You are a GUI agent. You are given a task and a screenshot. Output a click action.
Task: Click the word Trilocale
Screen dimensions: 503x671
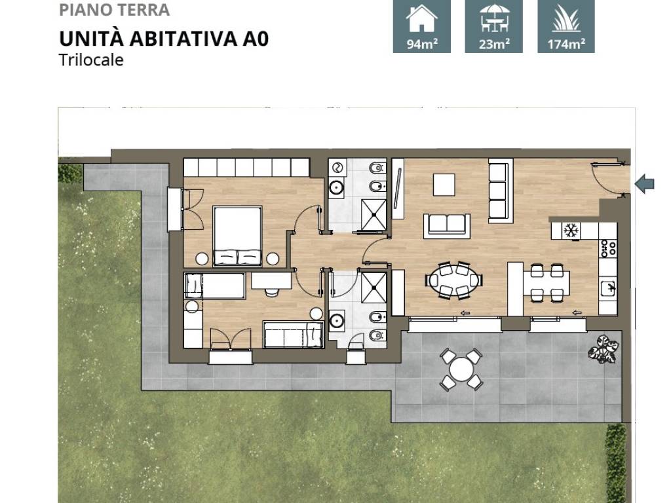(91, 60)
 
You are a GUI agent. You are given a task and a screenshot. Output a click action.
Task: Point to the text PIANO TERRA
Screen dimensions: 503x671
(114, 10)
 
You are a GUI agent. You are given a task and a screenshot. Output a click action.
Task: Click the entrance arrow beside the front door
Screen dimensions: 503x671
(645, 183)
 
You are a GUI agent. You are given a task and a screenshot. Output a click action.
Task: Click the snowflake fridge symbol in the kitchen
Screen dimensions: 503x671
(569, 231)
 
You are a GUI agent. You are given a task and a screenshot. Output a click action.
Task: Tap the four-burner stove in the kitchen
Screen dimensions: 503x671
(608, 248)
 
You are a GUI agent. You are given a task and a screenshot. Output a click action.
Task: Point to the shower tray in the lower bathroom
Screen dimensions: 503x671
(372, 286)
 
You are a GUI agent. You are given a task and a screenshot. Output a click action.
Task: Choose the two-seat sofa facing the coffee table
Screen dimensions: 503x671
(448, 225)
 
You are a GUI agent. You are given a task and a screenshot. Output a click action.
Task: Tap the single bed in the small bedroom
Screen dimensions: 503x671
(293, 334)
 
